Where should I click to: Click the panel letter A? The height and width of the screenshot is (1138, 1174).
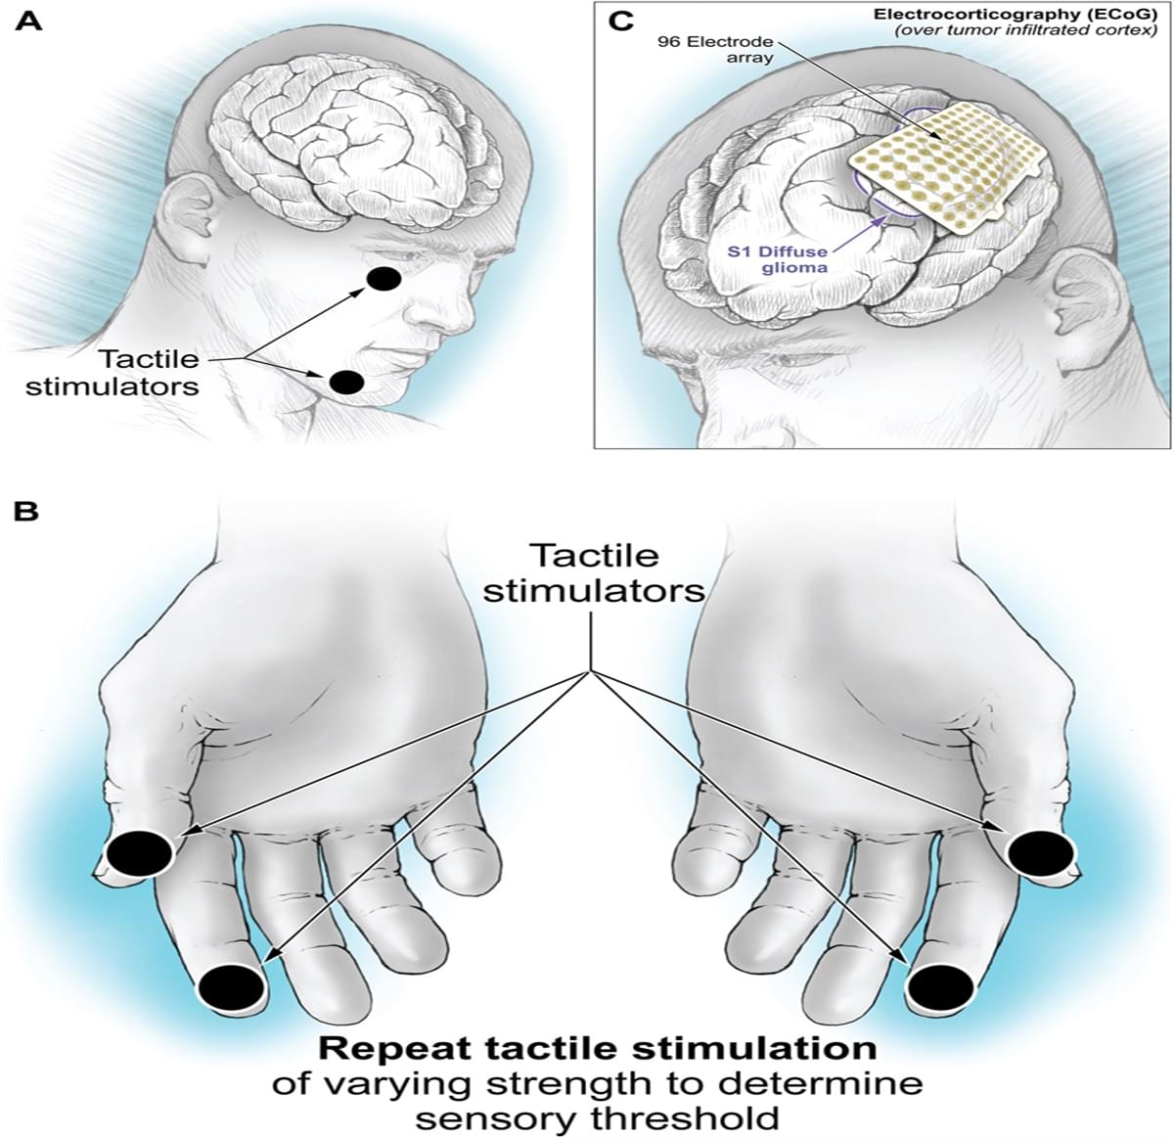(x=29, y=21)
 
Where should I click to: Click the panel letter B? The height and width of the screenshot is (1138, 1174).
(x=27, y=510)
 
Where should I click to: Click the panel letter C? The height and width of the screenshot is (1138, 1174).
(x=620, y=21)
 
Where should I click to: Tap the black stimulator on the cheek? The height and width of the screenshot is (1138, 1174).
(x=384, y=279)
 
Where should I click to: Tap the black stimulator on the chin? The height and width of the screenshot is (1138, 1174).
(x=347, y=382)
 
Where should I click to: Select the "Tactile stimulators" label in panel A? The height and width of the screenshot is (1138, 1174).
(x=113, y=373)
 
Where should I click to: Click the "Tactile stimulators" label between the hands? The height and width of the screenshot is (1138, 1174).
(x=594, y=573)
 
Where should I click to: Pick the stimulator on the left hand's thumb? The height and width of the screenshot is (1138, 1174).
(x=139, y=852)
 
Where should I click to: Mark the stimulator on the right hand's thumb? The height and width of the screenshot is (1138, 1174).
(x=1040, y=852)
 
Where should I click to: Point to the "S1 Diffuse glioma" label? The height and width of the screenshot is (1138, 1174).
(x=763, y=259)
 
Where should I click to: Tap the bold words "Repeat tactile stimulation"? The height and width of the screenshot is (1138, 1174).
(x=598, y=1049)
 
